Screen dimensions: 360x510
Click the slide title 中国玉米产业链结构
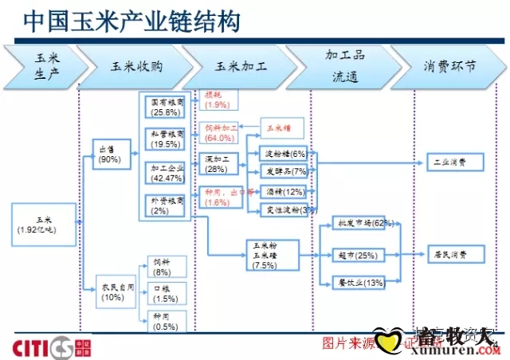pos(131,22)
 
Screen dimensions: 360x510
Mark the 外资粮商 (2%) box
pos(167,205)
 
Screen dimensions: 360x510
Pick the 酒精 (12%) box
pos(284,192)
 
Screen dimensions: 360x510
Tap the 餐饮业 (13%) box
pos(356,283)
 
